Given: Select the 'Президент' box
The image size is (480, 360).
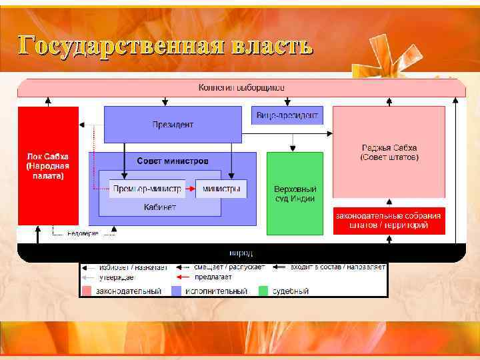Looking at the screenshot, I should click(x=173, y=125).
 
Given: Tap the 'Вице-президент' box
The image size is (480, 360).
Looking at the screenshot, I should click(x=287, y=115).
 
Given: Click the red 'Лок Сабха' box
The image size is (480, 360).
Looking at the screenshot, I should click(x=47, y=165).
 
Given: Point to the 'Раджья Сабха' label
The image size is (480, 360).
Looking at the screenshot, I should click(x=389, y=152).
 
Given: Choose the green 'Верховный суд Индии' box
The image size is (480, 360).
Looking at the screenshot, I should click(x=295, y=193).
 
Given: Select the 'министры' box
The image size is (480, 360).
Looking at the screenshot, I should click(x=221, y=189).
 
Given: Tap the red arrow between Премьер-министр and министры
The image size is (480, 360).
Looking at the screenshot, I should click(x=189, y=189).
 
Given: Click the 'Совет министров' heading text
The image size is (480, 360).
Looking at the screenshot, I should click(x=172, y=161).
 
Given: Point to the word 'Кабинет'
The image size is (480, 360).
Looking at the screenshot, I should click(x=160, y=207).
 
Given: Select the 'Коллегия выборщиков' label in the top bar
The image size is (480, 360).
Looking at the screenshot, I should click(x=241, y=87).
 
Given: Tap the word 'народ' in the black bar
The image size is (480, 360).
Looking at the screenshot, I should click(x=241, y=253).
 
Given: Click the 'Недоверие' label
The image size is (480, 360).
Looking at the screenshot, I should click(x=84, y=233).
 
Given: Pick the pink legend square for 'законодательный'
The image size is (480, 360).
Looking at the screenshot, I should click(x=87, y=291).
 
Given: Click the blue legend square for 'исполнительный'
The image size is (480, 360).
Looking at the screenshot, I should click(x=177, y=291).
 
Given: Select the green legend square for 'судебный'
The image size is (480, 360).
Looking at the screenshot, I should click(x=263, y=291).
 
